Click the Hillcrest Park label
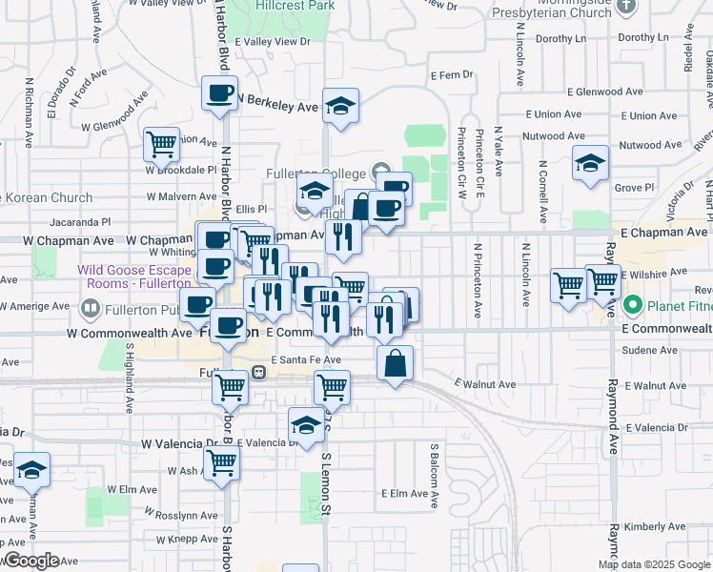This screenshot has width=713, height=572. coord(295,4)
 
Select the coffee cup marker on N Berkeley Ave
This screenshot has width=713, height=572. coord(219,94)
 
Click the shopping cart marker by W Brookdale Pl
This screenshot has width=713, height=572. coord(162,145)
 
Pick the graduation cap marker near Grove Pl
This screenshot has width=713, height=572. coord(591,163)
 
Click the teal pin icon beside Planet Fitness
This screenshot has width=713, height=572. coord(632,307)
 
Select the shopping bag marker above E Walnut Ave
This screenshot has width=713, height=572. coord(395,363)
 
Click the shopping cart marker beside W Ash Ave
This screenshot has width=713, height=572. coord(222,463)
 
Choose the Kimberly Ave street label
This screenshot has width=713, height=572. coord(655,526)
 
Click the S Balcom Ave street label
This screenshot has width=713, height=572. coord(434,474)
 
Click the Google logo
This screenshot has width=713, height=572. coord(31,561)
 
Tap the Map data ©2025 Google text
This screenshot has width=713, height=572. coord(654,564)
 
